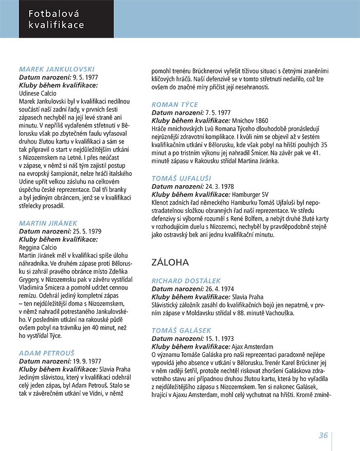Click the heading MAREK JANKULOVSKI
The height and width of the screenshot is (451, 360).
pyautogui.click(x=57, y=68)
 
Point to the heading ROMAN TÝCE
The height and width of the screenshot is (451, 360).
pyautogui.click(x=175, y=104)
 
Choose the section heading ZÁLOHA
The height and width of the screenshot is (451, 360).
pyautogui.click(x=170, y=262)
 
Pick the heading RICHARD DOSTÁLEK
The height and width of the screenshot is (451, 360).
pyautogui.click(x=186, y=281)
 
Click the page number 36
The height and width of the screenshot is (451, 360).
pyautogui.click(x=323, y=435)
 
